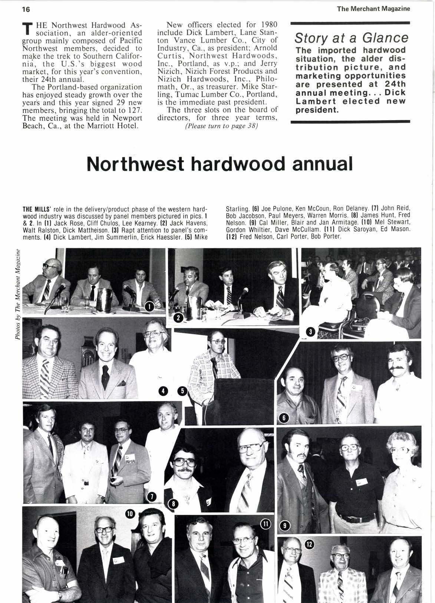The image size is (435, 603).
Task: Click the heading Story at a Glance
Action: coord(351,38)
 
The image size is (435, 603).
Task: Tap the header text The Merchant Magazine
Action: coord(373,9)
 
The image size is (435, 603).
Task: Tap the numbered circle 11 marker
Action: coord(266,523)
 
